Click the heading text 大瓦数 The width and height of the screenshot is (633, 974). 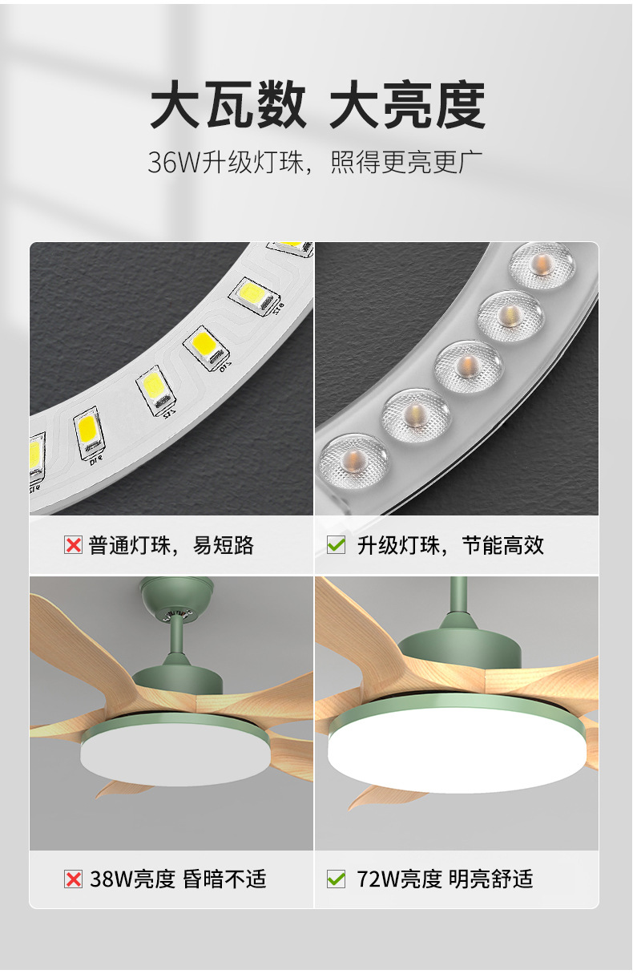coord(228,105)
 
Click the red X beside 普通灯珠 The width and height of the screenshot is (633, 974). coord(73,546)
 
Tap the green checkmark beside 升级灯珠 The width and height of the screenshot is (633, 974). coord(336,546)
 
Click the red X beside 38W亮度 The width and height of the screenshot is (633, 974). coord(73,879)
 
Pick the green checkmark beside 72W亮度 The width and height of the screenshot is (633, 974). coord(336,879)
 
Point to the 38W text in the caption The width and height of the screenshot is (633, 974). coord(110,879)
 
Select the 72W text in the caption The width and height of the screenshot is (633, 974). coord(378,879)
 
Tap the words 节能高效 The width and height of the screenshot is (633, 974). coord(503,546)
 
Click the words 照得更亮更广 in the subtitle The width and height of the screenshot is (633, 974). coord(408,162)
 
